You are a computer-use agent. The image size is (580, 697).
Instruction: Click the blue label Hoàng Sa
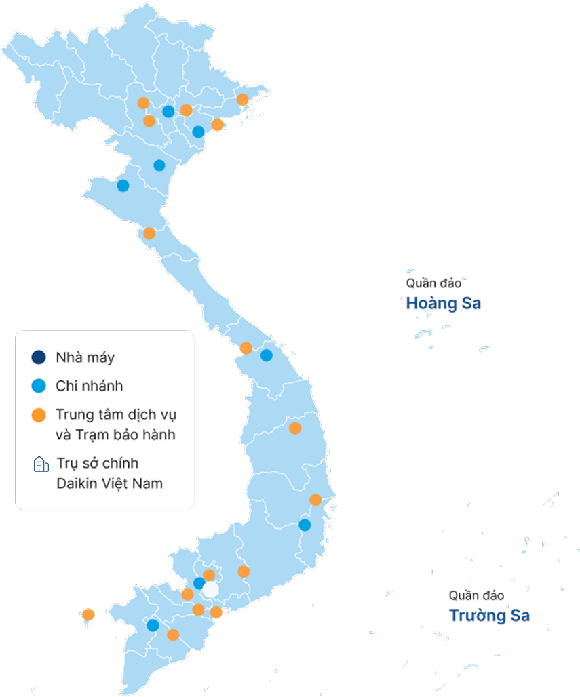tap(444, 303)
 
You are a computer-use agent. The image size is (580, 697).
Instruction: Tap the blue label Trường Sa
tap(489, 616)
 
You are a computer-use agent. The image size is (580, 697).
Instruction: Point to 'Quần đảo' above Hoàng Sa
tap(433, 283)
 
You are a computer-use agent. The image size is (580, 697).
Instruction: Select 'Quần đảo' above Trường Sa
tap(476, 595)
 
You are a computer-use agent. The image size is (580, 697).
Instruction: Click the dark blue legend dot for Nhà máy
tap(39, 357)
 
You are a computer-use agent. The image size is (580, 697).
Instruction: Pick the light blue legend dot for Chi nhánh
tap(39, 386)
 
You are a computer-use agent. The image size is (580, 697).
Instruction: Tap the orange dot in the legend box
tap(39, 414)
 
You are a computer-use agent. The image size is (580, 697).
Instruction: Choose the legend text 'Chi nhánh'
tap(89, 386)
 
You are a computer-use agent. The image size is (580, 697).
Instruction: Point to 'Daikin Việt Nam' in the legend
tap(109, 484)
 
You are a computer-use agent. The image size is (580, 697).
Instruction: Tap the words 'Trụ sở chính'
tap(97, 464)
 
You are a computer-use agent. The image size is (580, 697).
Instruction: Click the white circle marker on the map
tap(211, 589)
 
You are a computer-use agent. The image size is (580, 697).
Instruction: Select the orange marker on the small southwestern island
tap(88, 615)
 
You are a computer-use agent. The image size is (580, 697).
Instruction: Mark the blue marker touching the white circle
tap(199, 583)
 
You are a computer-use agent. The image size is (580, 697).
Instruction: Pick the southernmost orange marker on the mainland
tap(173, 635)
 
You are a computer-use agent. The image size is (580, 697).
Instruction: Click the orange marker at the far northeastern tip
tap(242, 100)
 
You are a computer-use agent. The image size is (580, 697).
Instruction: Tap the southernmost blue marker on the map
tap(153, 625)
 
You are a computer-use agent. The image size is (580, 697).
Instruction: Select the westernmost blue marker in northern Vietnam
tap(123, 186)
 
